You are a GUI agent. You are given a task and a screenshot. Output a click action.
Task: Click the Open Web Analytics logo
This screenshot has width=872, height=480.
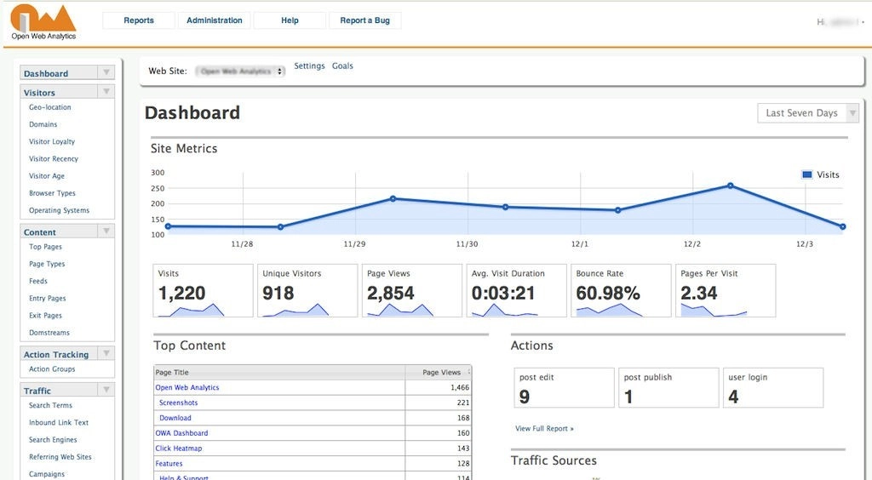pos(43,22)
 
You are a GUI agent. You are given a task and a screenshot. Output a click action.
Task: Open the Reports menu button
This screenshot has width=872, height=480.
pos(138,20)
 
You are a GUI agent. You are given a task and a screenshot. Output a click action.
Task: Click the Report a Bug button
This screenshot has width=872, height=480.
pos(364,20)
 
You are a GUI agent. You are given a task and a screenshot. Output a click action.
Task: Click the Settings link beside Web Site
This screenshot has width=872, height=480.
pos(309,66)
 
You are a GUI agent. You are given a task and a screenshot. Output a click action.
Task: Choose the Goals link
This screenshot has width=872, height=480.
pos(342,66)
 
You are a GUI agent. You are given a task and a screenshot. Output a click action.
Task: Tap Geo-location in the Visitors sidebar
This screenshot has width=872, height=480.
pos(50,108)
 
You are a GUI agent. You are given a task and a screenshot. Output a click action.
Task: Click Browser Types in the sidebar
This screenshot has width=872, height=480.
pos(52,194)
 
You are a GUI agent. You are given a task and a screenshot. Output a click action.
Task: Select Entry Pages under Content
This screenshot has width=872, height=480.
pos(47,299)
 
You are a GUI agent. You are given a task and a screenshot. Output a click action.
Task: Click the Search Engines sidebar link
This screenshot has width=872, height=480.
pos(53,440)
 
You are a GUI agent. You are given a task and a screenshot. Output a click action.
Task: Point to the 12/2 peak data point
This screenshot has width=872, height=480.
pos(730,186)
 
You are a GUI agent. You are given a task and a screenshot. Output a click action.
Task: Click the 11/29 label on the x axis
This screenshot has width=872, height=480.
pos(354,244)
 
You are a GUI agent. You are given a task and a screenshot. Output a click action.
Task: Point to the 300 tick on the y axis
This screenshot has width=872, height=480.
pos(158,173)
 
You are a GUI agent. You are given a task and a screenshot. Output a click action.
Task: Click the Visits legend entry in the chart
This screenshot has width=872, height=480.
pos(821,175)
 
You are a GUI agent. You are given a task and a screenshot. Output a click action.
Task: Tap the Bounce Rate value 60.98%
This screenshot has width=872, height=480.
pos(608,294)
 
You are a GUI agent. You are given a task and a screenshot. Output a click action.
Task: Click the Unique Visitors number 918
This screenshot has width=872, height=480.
pos(278,294)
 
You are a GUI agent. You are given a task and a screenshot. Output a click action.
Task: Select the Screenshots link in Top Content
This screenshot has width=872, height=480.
pos(178,403)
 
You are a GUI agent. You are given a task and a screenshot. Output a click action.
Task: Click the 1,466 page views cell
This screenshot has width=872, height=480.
pos(459,388)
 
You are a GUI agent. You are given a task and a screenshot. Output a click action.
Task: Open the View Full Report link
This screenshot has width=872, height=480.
pos(544,429)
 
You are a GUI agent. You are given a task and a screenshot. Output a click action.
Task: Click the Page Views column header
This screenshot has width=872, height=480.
pos(441,373)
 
